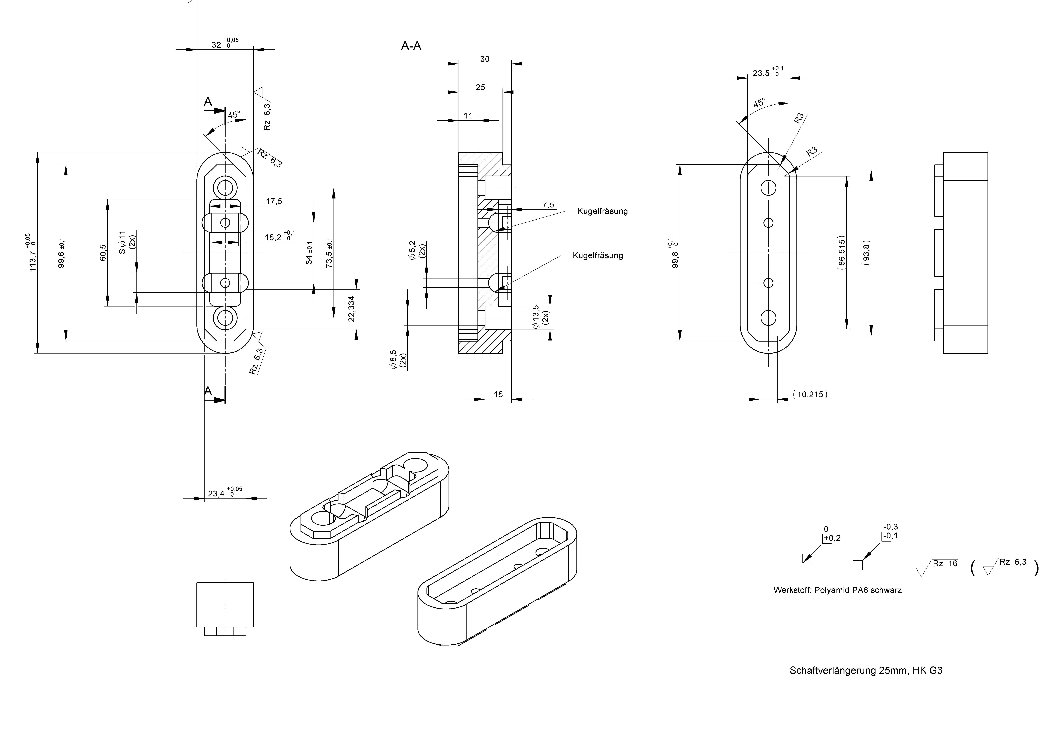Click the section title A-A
tap(411, 46)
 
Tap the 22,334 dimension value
tap(351, 309)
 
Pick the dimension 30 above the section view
tap(484, 59)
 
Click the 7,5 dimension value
tap(548, 205)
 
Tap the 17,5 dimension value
tap(274, 201)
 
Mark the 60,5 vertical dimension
tap(103, 253)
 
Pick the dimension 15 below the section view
tap(498, 394)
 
